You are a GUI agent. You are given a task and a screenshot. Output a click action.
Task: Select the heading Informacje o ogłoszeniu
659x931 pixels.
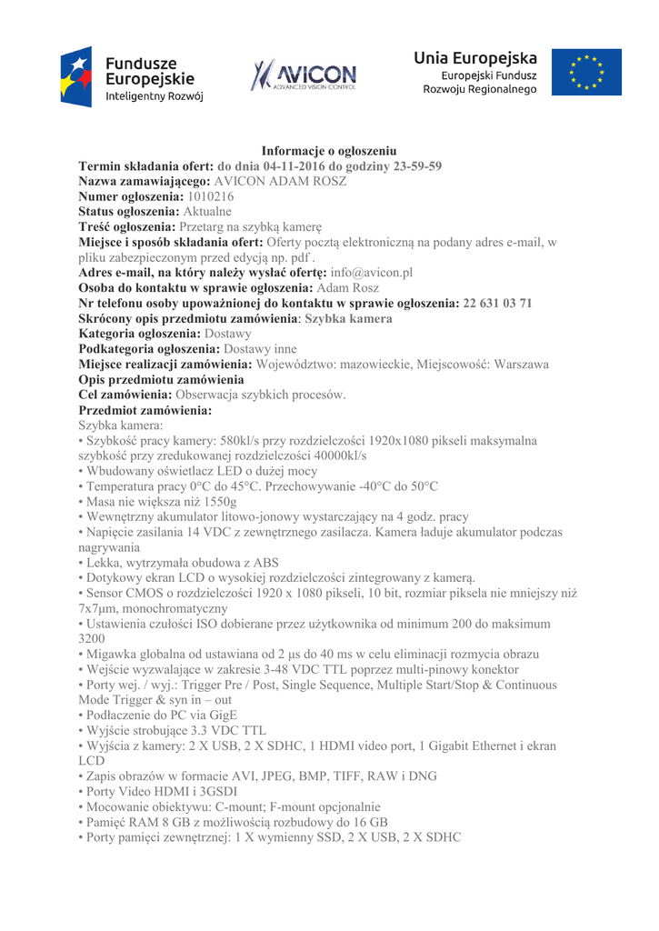329,151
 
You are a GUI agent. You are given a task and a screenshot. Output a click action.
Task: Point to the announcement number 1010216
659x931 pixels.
211,195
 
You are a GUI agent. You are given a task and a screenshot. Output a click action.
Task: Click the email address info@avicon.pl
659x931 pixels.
372,272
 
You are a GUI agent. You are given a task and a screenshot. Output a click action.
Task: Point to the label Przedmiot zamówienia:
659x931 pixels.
145,410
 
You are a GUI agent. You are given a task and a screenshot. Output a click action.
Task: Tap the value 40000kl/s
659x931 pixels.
334,455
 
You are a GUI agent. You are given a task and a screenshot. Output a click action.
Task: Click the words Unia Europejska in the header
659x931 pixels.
475,58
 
